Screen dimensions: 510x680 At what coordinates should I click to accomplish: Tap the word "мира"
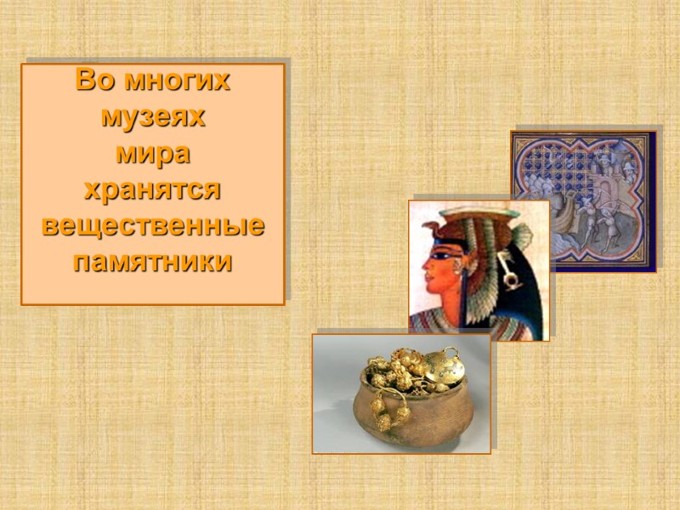(x=153, y=156)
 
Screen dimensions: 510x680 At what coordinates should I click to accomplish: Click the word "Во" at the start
(x=95, y=82)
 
